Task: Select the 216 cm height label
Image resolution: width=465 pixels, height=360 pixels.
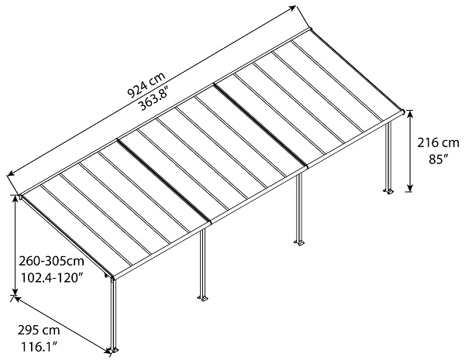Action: click(x=436, y=144)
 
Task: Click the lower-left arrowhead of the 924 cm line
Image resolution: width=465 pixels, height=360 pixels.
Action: click(x=10, y=173)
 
